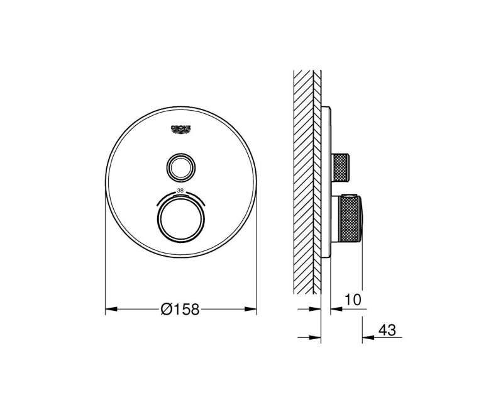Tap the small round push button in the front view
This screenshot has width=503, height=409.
(180, 166)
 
